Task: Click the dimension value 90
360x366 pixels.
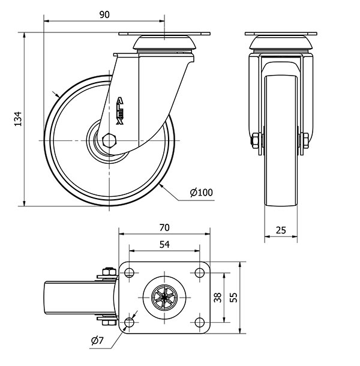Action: point(104,15)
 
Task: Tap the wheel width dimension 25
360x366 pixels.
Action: point(281,230)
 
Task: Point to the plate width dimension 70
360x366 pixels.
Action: point(164,227)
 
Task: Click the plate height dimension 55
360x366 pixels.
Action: point(250,297)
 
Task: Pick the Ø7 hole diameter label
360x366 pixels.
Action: point(98,341)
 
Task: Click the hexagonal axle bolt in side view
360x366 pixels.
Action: point(109,140)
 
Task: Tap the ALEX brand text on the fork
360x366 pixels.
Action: point(120,110)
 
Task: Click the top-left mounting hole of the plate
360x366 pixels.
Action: point(129,274)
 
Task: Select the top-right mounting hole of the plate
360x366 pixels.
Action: point(200,274)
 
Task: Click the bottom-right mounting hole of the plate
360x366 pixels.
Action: point(200,323)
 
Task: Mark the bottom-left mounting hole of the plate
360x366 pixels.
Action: point(129,323)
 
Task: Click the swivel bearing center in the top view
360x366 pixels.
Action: point(164,298)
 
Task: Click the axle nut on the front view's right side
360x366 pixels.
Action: point(304,141)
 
